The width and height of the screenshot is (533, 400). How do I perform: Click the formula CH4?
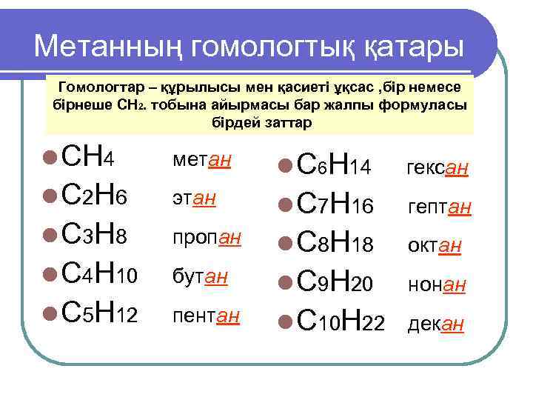88,159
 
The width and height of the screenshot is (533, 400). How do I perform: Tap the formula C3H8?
96,237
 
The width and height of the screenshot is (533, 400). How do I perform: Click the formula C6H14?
333,168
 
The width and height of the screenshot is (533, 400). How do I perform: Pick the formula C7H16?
333,207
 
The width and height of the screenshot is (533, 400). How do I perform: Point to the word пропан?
207,239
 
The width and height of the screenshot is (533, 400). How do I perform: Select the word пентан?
207,317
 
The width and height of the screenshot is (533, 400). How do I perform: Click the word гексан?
437,170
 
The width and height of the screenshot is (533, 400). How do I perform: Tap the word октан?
435,247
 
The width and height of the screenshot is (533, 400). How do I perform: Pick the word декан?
436,325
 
